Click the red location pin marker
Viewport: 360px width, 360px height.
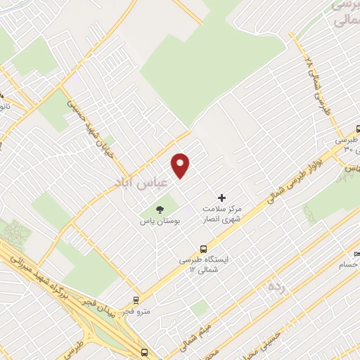click(x=181, y=165)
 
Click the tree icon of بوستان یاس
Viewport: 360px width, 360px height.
click(x=160, y=209)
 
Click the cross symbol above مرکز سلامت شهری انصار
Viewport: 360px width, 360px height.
click(x=222, y=198)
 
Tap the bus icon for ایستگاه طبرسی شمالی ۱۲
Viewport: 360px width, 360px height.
click(x=204, y=248)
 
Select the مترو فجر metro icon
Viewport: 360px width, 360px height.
click(x=136, y=300)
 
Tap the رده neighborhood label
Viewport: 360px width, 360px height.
click(x=276, y=287)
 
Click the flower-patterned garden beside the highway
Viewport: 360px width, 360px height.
click(x=15, y=233)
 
